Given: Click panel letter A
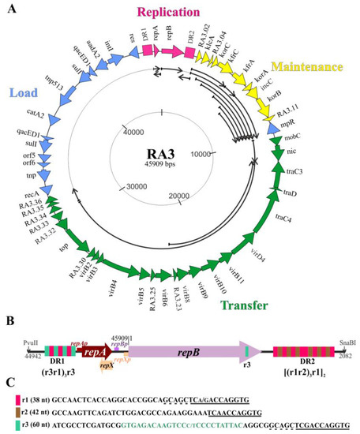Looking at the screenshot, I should pos(9,6).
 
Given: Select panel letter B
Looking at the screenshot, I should pos(9,320).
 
